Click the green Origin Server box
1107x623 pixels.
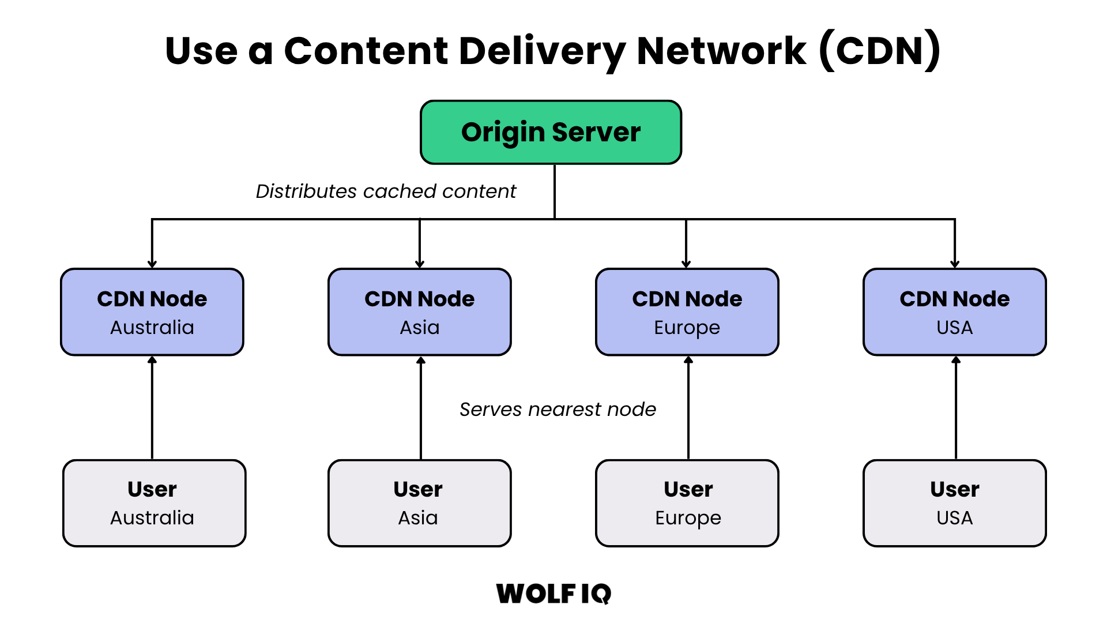pos(551,133)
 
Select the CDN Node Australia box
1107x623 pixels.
pos(152,312)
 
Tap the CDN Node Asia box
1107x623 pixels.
pos(420,312)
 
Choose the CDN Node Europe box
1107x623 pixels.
pos(687,312)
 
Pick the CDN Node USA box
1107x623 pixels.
pos(954,312)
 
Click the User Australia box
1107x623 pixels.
pos(154,503)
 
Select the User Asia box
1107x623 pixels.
pos(420,503)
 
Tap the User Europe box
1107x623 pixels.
pos(687,503)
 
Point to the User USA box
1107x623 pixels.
pos(954,503)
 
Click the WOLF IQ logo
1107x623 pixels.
pos(553,594)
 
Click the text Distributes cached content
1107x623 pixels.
pos(386,192)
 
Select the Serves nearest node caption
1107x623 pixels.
pos(558,410)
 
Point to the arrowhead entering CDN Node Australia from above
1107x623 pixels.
pos(152,264)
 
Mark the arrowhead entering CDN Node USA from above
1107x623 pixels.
pos(955,264)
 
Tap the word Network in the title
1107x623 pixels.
pos(721,51)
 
